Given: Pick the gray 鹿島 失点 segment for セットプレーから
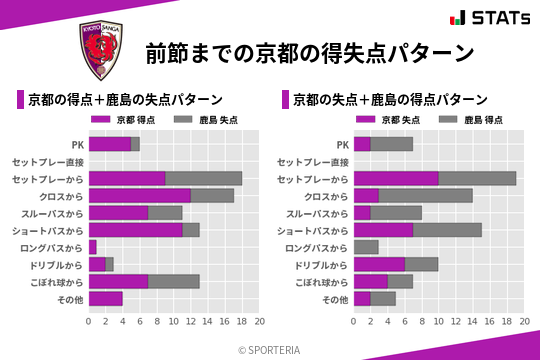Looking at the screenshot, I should (204, 178).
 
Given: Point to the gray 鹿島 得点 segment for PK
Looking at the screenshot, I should (391, 144).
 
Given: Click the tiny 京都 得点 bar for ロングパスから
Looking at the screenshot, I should (92, 247).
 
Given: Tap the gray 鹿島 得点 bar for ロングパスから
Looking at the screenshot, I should (366, 247).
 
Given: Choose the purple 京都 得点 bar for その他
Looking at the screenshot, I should (105, 298).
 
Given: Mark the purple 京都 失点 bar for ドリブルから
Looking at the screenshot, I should (379, 264).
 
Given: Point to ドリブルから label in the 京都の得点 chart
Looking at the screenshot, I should (59, 264).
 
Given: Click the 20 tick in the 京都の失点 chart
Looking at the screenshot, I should (524, 322).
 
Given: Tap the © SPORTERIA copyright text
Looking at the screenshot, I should (269, 349).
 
